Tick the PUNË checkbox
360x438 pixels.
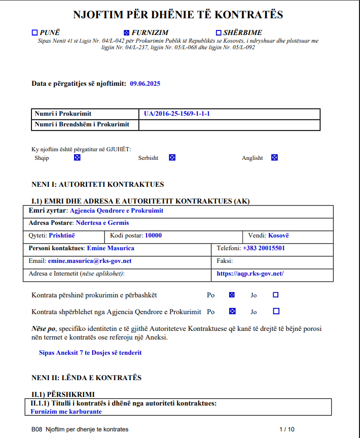[34, 33]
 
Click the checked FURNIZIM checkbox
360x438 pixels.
[127, 33]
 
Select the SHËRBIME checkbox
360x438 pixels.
[219, 33]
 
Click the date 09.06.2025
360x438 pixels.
[145, 84]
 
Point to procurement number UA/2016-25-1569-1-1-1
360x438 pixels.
[177, 114]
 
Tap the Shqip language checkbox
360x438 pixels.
[77, 158]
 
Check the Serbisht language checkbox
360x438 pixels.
[172, 158]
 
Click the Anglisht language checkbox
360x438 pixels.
[274, 158]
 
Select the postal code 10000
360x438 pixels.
[153, 235]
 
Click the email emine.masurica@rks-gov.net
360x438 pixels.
[90, 261]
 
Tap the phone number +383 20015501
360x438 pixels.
[264, 248]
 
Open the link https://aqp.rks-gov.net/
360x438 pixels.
[250, 274]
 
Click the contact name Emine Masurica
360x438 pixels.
[111, 248]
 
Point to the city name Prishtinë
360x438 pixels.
[62, 235]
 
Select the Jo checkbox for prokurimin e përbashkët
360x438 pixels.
[275, 295]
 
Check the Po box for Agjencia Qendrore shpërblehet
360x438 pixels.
[232, 312]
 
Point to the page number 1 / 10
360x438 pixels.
[286, 429]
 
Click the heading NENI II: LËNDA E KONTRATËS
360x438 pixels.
[86, 378]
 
